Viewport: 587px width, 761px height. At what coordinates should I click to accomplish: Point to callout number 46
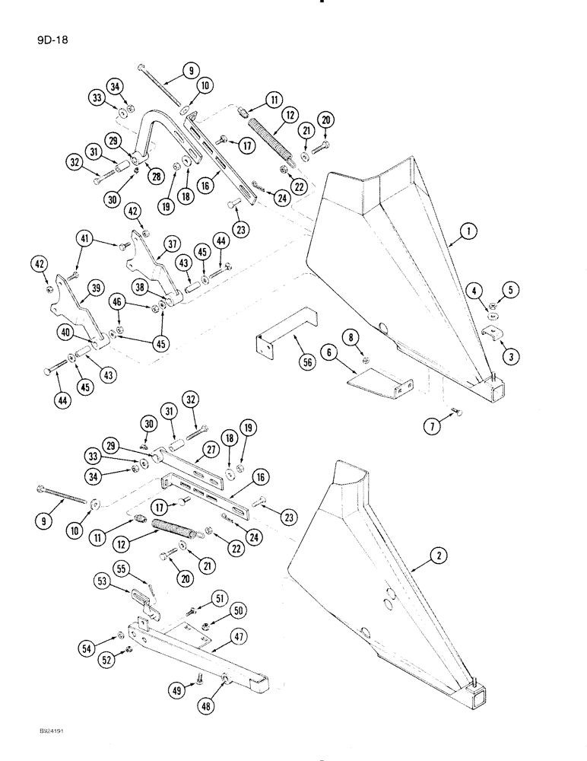click(117, 304)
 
